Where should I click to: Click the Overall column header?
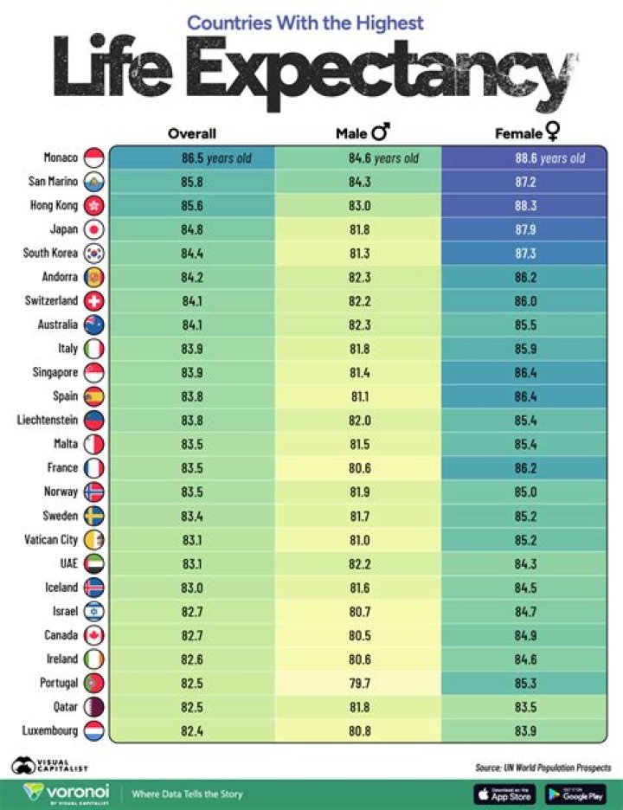pyautogui.click(x=191, y=133)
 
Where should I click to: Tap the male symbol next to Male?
pyautogui.click(x=381, y=132)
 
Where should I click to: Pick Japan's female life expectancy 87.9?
pyautogui.click(x=527, y=230)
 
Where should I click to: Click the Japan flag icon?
pyautogui.click(x=93, y=230)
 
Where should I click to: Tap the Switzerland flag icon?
pyautogui.click(x=93, y=301)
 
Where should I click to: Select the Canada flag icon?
pyautogui.click(x=93, y=635)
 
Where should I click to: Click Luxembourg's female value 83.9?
pyautogui.click(x=527, y=730)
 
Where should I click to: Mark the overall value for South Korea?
pyautogui.click(x=191, y=254)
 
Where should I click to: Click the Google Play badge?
pyautogui.click(x=575, y=793)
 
